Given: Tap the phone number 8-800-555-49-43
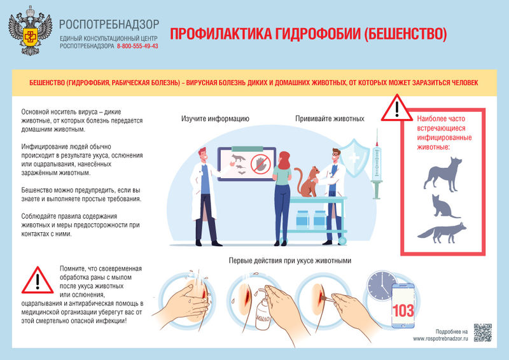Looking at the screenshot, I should coord(137,46).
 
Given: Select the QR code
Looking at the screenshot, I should coord(483,333).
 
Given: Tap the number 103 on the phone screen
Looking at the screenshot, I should coord(403,311).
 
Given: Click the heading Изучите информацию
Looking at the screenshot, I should coord(215,119).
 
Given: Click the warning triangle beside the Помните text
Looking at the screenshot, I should coord(37,280).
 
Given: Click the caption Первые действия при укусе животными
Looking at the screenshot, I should coord(289,261).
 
